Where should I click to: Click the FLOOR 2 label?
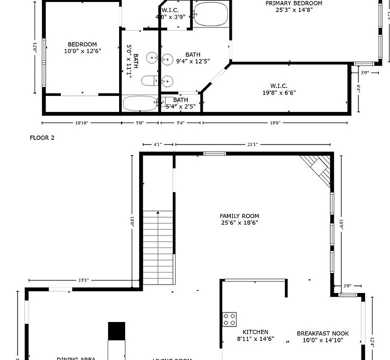[x=42, y=138]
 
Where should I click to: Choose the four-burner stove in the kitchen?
[x=230, y=319]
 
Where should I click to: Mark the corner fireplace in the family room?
[x=318, y=168]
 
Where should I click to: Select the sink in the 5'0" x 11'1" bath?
[x=152, y=59]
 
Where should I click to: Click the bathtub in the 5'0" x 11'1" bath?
[x=141, y=104]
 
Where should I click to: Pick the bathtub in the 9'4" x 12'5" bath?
[x=211, y=14]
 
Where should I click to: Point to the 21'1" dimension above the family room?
[x=252, y=144]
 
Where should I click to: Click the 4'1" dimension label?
[x=157, y=144]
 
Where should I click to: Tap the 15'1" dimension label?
[x=83, y=280]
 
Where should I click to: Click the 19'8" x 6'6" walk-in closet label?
[x=279, y=89]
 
